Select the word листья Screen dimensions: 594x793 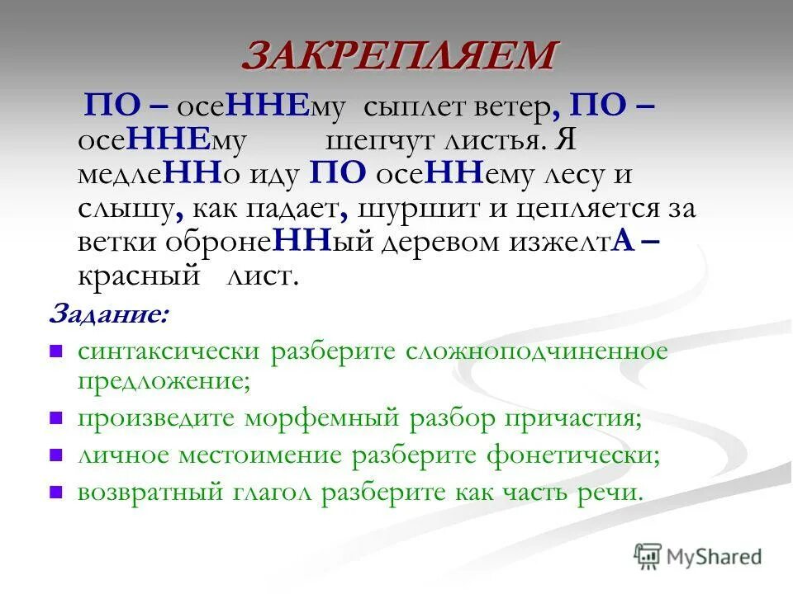496,140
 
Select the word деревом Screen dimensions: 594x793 437,242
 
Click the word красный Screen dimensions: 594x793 139,276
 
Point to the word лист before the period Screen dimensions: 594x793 259,276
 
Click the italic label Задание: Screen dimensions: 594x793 108,314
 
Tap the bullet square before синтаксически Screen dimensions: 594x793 56,351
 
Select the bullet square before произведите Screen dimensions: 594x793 56,417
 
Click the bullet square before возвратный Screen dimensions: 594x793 56,493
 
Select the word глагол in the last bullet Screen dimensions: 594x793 272,493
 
